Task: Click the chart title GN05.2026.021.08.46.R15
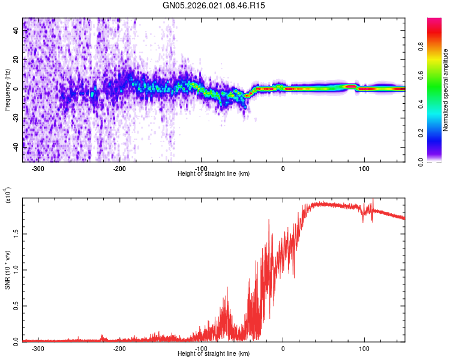pyautogui.click(x=214, y=5)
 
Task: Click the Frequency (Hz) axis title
pyautogui.click(x=7, y=89)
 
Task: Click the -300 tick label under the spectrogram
pyautogui.click(x=37, y=169)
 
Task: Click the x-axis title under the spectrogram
pyautogui.click(x=214, y=174)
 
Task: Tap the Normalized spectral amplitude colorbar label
pyautogui.click(x=445, y=91)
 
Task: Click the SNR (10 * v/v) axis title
pyautogui.click(x=7, y=269)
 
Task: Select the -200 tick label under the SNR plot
pyautogui.click(x=119, y=349)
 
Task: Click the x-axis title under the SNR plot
pyautogui.click(x=214, y=354)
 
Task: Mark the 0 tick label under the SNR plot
pyautogui.click(x=283, y=349)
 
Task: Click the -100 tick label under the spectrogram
pyautogui.click(x=201, y=169)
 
